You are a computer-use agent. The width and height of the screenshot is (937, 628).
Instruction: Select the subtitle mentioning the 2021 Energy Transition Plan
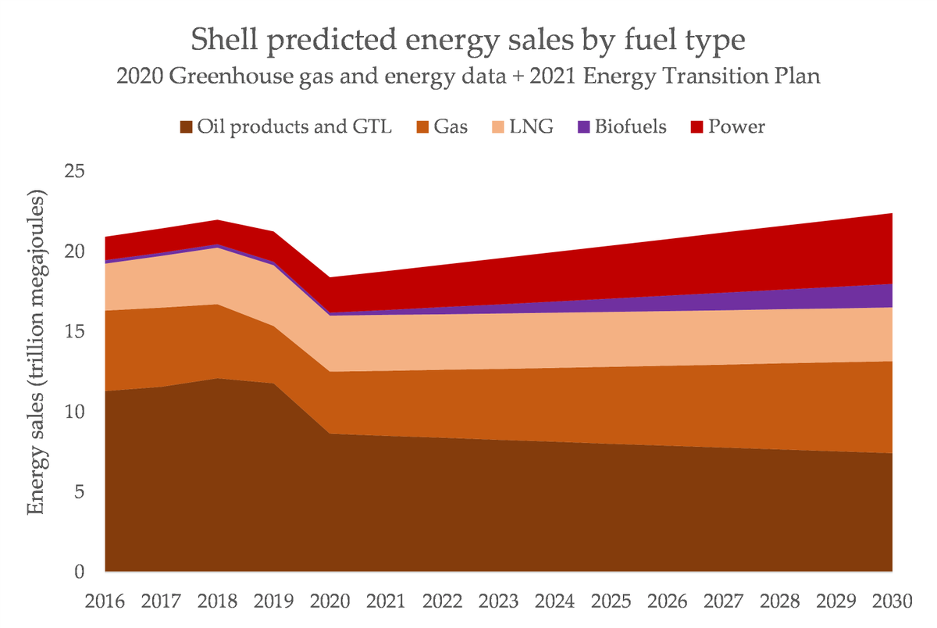468,78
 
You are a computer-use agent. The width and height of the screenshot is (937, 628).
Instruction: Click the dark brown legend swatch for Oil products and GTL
186,127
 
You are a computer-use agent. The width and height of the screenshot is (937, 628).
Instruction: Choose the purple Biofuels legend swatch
582,127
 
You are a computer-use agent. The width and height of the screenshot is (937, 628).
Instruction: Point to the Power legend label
736,127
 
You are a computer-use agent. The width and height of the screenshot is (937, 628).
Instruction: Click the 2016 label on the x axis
105,601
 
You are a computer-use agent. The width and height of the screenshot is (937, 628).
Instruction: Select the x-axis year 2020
330,601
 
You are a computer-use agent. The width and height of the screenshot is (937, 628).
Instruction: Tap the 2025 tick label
611,601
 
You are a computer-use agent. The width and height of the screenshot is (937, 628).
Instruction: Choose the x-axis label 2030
892,601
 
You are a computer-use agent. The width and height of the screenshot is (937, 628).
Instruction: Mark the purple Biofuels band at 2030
886,296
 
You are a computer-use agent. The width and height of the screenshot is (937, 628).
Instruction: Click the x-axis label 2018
218,601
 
